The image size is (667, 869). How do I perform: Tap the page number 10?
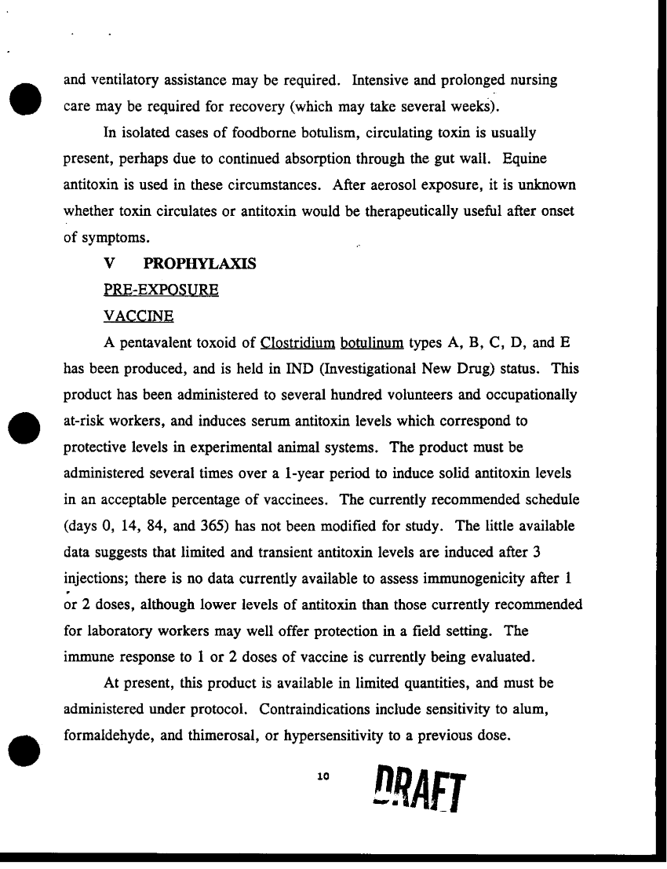321,776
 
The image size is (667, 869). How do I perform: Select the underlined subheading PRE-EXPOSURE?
161,290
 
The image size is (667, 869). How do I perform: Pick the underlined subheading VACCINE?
138,316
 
